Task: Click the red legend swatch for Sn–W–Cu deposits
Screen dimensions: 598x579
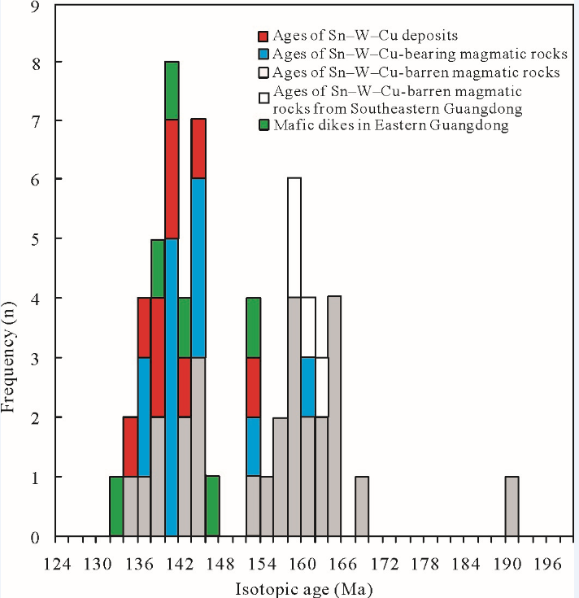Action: point(263,37)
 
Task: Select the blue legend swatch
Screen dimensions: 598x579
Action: point(263,55)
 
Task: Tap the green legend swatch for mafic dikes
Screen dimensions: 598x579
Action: point(263,125)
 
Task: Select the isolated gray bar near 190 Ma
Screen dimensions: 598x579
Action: point(512,506)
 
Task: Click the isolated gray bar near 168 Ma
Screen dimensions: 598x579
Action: point(362,506)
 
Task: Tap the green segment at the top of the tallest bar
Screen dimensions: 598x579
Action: point(172,90)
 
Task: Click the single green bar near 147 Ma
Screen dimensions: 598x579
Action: point(212,506)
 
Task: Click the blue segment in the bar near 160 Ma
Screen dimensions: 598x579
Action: point(308,386)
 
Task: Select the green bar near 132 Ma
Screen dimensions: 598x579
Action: point(116,506)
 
